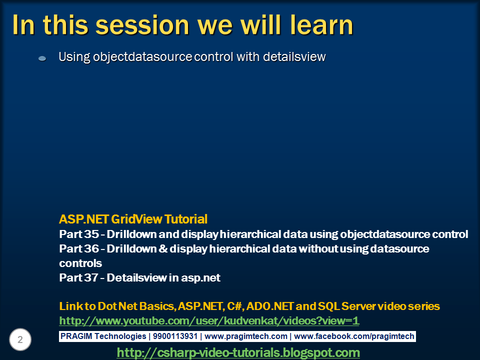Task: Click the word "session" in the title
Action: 142,25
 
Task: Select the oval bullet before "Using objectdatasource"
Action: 42,58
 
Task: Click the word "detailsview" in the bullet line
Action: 294,56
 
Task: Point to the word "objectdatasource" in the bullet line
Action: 142,57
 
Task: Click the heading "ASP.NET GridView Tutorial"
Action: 133,219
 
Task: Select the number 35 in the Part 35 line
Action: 91,234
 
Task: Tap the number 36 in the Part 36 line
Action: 91,248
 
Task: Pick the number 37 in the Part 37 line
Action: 91,277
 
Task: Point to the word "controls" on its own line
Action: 80,263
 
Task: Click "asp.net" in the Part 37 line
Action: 201,278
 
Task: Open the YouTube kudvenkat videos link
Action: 209,321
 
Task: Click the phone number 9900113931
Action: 175,336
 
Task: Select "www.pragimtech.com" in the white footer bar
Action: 246,336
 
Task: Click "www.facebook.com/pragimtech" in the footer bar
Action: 354,336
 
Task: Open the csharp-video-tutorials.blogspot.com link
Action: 238,352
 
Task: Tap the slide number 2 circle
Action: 20,339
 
